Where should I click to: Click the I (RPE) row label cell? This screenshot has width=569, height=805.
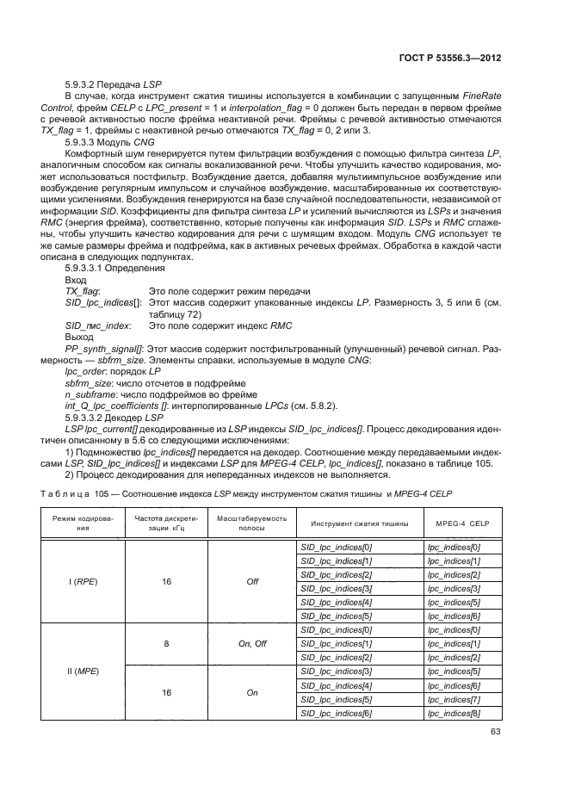coord(82,581)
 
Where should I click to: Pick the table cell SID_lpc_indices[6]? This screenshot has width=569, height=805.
coord(336,713)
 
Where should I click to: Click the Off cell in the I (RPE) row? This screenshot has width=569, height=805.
coord(252,581)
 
